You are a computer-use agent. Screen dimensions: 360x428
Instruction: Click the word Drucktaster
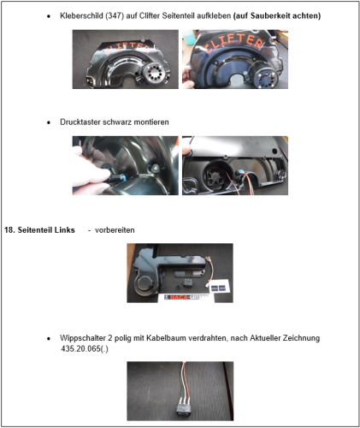pyautogui.click(x=80, y=122)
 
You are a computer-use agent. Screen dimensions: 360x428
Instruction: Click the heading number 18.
pyautogui.click(x=9, y=230)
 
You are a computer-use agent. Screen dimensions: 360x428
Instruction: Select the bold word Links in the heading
pyautogui.click(x=65, y=230)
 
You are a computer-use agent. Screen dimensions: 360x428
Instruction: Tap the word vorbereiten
pyautogui.click(x=115, y=230)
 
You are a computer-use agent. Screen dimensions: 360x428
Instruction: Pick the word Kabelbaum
pyautogui.click(x=163, y=338)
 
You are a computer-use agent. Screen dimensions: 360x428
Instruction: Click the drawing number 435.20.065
pyautogui.click(x=80, y=348)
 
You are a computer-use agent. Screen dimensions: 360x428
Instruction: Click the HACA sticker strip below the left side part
pyautogui.click(x=186, y=297)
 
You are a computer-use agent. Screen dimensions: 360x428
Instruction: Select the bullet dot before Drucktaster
pyautogui.click(x=49, y=122)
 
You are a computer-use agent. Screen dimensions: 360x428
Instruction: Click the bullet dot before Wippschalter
pyautogui.click(x=49, y=338)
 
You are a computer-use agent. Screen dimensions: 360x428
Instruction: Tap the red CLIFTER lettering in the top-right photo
pyautogui.click(x=234, y=42)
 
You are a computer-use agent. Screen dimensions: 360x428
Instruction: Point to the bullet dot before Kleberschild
pyautogui.click(x=49, y=16)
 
